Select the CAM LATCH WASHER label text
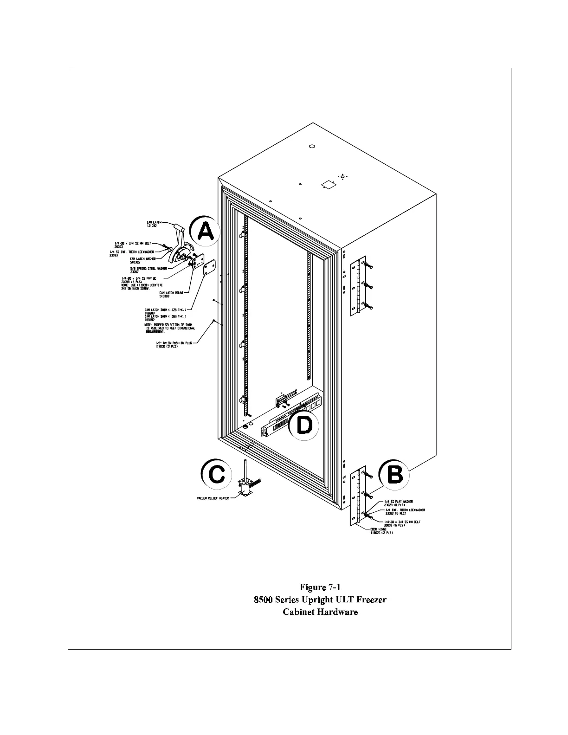coord(142,260)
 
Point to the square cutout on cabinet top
coord(328,185)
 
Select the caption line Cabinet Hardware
coord(320,612)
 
